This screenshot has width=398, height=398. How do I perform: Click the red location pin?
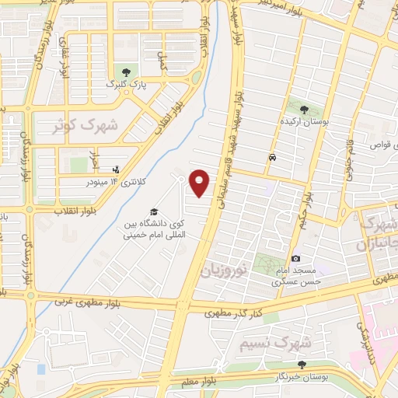tap(200, 182)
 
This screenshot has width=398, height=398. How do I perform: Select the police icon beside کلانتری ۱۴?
tap(117, 169)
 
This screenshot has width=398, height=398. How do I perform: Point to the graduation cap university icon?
tap(154, 211)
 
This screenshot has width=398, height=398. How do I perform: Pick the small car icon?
tap(271, 158)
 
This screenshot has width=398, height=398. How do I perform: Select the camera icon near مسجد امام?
tap(296, 258)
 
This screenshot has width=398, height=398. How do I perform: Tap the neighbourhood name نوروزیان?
tap(235, 269)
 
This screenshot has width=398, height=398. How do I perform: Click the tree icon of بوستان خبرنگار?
tap(302, 364)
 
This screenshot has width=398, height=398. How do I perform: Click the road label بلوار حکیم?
tap(308, 207)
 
